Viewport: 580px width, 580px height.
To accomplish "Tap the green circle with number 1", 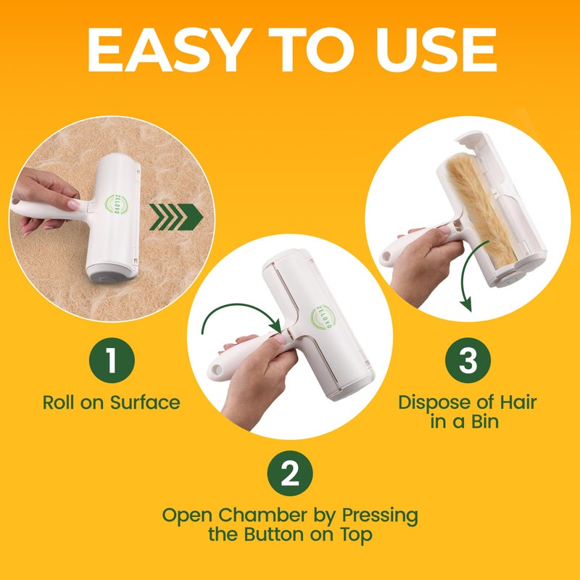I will tap(110, 361).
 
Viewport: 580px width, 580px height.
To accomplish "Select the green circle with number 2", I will tap(290, 475).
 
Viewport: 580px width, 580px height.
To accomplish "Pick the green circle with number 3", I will tap(468, 361).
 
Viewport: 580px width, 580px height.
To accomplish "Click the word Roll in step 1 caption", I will tap(59, 402).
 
